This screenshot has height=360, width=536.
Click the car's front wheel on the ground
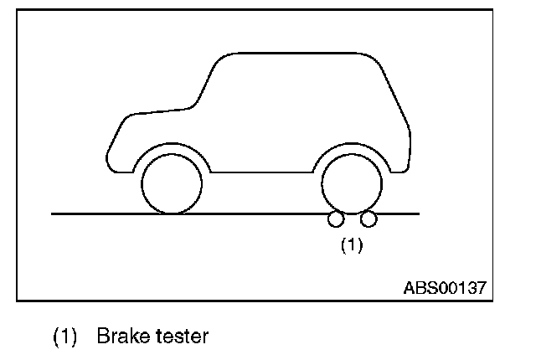pyautogui.click(x=172, y=183)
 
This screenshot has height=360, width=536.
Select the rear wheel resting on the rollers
pyautogui.click(x=352, y=183)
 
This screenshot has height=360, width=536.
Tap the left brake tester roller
pyautogui.click(x=336, y=220)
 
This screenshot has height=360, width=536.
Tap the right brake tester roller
pyautogui.click(x=368, y=220)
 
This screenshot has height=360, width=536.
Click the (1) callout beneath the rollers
pyautogui.click(x=351, y=245)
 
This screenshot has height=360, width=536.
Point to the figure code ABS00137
pyautogui.click(x=444, y=287)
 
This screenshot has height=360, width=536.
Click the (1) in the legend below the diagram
pyautogui.click(x=65, y=337)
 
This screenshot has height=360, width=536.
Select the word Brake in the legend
pyautogui.click(x=121, y=337)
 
